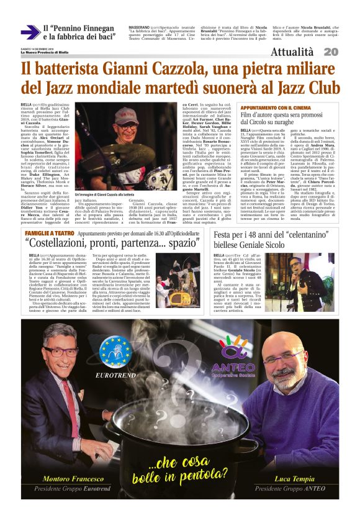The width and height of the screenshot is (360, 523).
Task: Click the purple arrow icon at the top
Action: [30, 32]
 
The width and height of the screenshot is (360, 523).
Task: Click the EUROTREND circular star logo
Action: [114, 353]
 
